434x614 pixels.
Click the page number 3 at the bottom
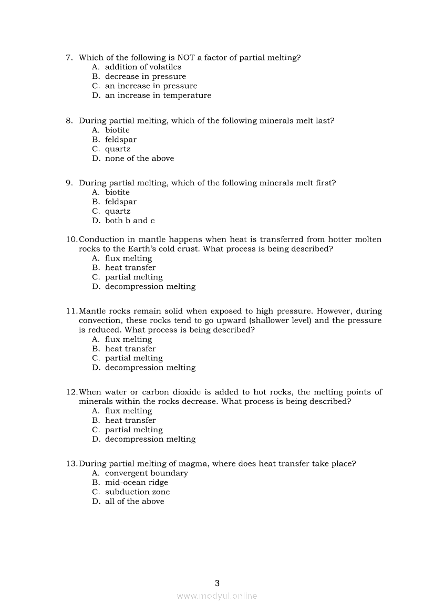[x=217, y=583]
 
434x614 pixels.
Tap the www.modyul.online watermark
[x=217, y=596]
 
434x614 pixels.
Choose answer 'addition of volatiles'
[x=143, y=67]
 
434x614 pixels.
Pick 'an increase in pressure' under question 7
[x=151, y=86]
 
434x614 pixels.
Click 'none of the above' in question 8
[x=139, y=159]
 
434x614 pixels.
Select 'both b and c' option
[x=130, y=221]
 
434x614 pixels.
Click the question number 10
[x=71, y=240]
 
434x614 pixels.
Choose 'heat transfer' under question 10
[x=130, y=268]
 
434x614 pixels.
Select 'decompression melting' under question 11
[x=150, y=368]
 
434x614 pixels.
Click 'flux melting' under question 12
[x=128, y=411]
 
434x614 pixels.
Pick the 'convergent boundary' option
[x=146, y=473]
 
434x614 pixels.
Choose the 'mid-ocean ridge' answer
[x=137, y=483]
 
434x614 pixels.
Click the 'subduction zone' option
[x=137, y=492]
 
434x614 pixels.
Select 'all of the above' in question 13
[x=135, y=502]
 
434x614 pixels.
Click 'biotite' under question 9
[x=117, y=193]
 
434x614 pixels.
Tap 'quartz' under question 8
[x=118, y=149]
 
